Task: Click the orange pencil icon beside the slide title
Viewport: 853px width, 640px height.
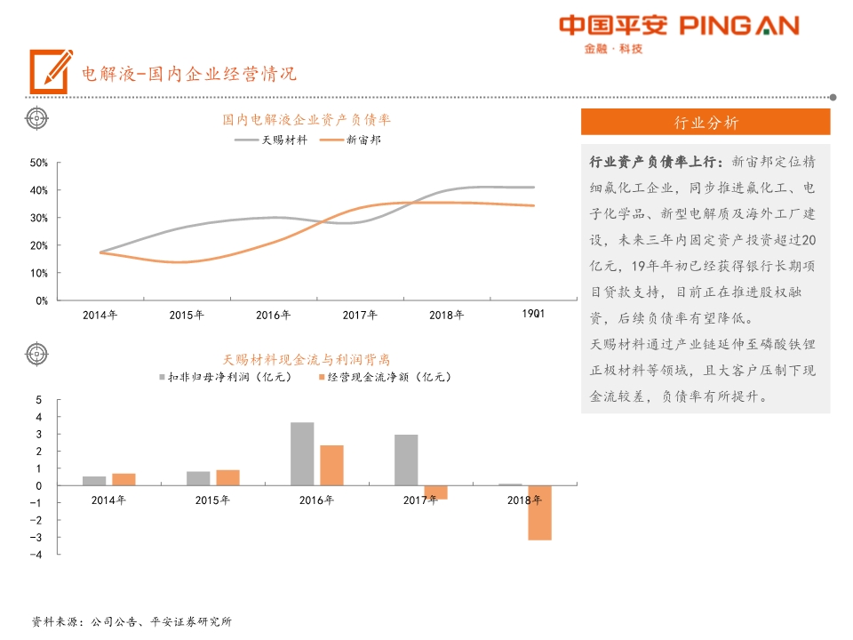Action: pos(51,71)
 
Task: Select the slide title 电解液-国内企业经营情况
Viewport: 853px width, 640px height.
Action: pos(188,73)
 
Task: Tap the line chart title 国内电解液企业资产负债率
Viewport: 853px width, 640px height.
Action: pos(307,119)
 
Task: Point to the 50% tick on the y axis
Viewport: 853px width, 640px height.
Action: pos(38,163)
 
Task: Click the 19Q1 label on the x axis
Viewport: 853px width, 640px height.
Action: pos(533,314)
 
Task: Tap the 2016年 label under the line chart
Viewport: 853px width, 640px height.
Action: pos(274,315)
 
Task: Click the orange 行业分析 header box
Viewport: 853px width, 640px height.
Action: pos(706,123)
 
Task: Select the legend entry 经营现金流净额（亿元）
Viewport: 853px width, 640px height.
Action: pos(384,377)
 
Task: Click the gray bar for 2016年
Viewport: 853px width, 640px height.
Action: pos(302,453)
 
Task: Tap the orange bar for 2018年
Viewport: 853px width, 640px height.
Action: pos(539,512)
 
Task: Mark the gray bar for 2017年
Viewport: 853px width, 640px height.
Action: pos(406,460)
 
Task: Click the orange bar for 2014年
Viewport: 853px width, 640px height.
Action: pos(124,479)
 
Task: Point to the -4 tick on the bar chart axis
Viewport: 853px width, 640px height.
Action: pos(38,555)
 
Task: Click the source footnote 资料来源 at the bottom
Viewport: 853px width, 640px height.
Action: pos(132,621)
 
